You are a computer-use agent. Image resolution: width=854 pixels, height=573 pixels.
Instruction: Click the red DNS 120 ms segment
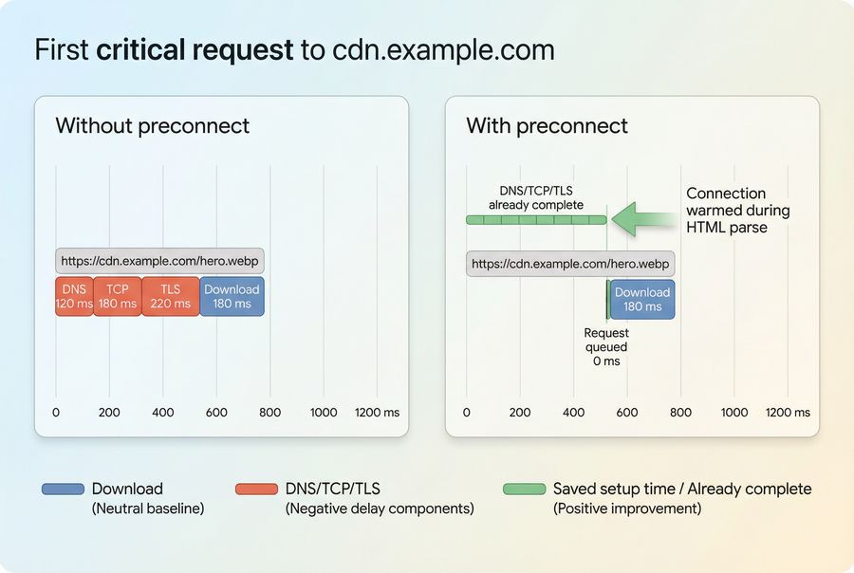pyautogui.click(x=74, y=296)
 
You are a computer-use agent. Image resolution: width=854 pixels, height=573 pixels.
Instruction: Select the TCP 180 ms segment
pyautogui.click(x=118, y=296)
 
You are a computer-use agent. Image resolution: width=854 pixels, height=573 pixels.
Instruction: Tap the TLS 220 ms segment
pyautogui.click(x=171, y=296)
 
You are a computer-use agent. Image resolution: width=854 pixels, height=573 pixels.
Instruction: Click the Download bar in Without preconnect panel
pyautogui.click(x=232, y=296)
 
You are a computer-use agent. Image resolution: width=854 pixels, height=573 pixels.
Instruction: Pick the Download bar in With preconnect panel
pyautogui.click(x=642, y=299)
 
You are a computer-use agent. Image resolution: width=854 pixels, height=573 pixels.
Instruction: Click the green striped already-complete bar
pyautogui.click(x=535, y=219)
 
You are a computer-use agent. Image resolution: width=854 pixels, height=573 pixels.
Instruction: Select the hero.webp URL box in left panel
pyautogui.click(x=159, y=261)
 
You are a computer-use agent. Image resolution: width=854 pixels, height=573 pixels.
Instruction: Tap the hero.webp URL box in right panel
pyautogui.click(x=569, y=264)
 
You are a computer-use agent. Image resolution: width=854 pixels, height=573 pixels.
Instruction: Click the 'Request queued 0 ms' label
pyautogui.click(x=606, y=347)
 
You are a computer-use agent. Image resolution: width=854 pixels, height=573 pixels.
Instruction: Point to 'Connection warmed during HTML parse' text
pyautogui.click(x=737, y=211)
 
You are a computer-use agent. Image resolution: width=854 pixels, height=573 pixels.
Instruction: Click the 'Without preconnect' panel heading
pyautogui.click(x=152, y=126)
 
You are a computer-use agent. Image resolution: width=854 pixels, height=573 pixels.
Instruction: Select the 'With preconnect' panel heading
pyautogui.click(x=547, y=126)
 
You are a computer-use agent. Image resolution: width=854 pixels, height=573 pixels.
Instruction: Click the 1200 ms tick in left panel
pyautogui.click(x=378, y=413)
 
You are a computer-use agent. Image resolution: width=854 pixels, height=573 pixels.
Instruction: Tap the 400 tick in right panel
pyautogui.click(x=573, y=413)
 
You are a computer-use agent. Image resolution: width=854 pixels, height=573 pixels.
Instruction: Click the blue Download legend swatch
pyautogui.click(x=63, y=490)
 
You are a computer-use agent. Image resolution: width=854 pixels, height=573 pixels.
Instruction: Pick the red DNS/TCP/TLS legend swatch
pyautogui.click(x=256, y=490)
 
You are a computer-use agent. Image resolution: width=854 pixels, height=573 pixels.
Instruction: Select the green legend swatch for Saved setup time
pyautogui.click(x=524, y=490)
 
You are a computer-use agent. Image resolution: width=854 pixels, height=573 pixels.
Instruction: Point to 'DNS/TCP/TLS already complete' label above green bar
pyautogui.click(x=536, y=197)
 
